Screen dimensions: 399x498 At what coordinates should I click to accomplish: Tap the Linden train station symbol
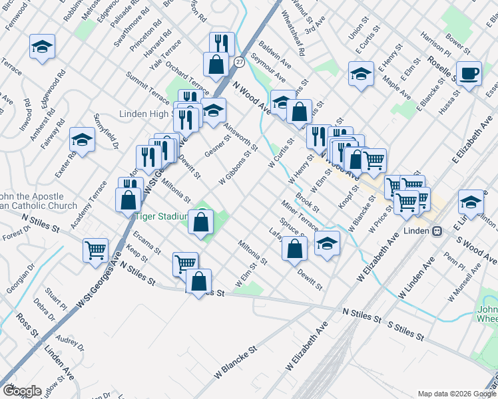coord(437,231)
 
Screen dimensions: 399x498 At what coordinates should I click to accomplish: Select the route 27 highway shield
coord(238,62)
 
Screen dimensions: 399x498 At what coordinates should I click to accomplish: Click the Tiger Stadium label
coord(159,216)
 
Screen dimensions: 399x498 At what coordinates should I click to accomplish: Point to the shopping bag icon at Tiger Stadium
coord(200,221)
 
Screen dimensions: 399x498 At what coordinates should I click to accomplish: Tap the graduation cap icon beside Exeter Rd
coord(82,140)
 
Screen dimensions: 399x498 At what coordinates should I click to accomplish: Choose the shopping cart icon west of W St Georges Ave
coord(96,250)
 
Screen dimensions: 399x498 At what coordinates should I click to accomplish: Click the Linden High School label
coord(146,114)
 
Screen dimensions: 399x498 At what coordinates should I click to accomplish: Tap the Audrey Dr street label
coord(71,343)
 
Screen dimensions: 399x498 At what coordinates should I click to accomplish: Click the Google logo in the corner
coord(21,391)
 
